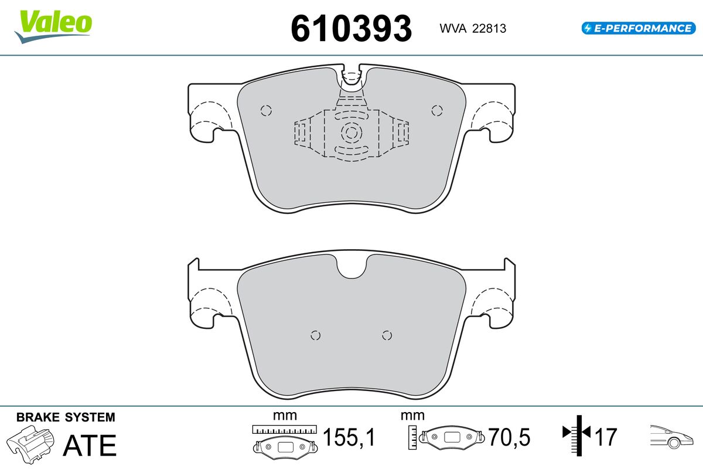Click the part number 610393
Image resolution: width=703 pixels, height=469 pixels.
click(351, 29)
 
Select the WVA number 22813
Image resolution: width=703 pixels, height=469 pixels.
click(489, 29)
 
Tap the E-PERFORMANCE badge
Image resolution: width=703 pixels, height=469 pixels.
click(639, 28)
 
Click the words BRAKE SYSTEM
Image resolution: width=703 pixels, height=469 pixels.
click(66, 417)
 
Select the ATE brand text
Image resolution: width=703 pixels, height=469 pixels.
click(90, 445)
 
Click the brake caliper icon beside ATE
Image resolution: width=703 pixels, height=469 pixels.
click(30, 444)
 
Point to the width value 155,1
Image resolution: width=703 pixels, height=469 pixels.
click(349, 437)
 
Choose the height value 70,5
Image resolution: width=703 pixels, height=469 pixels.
click(509, 437)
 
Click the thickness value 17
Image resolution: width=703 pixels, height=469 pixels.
click(605, 437)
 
